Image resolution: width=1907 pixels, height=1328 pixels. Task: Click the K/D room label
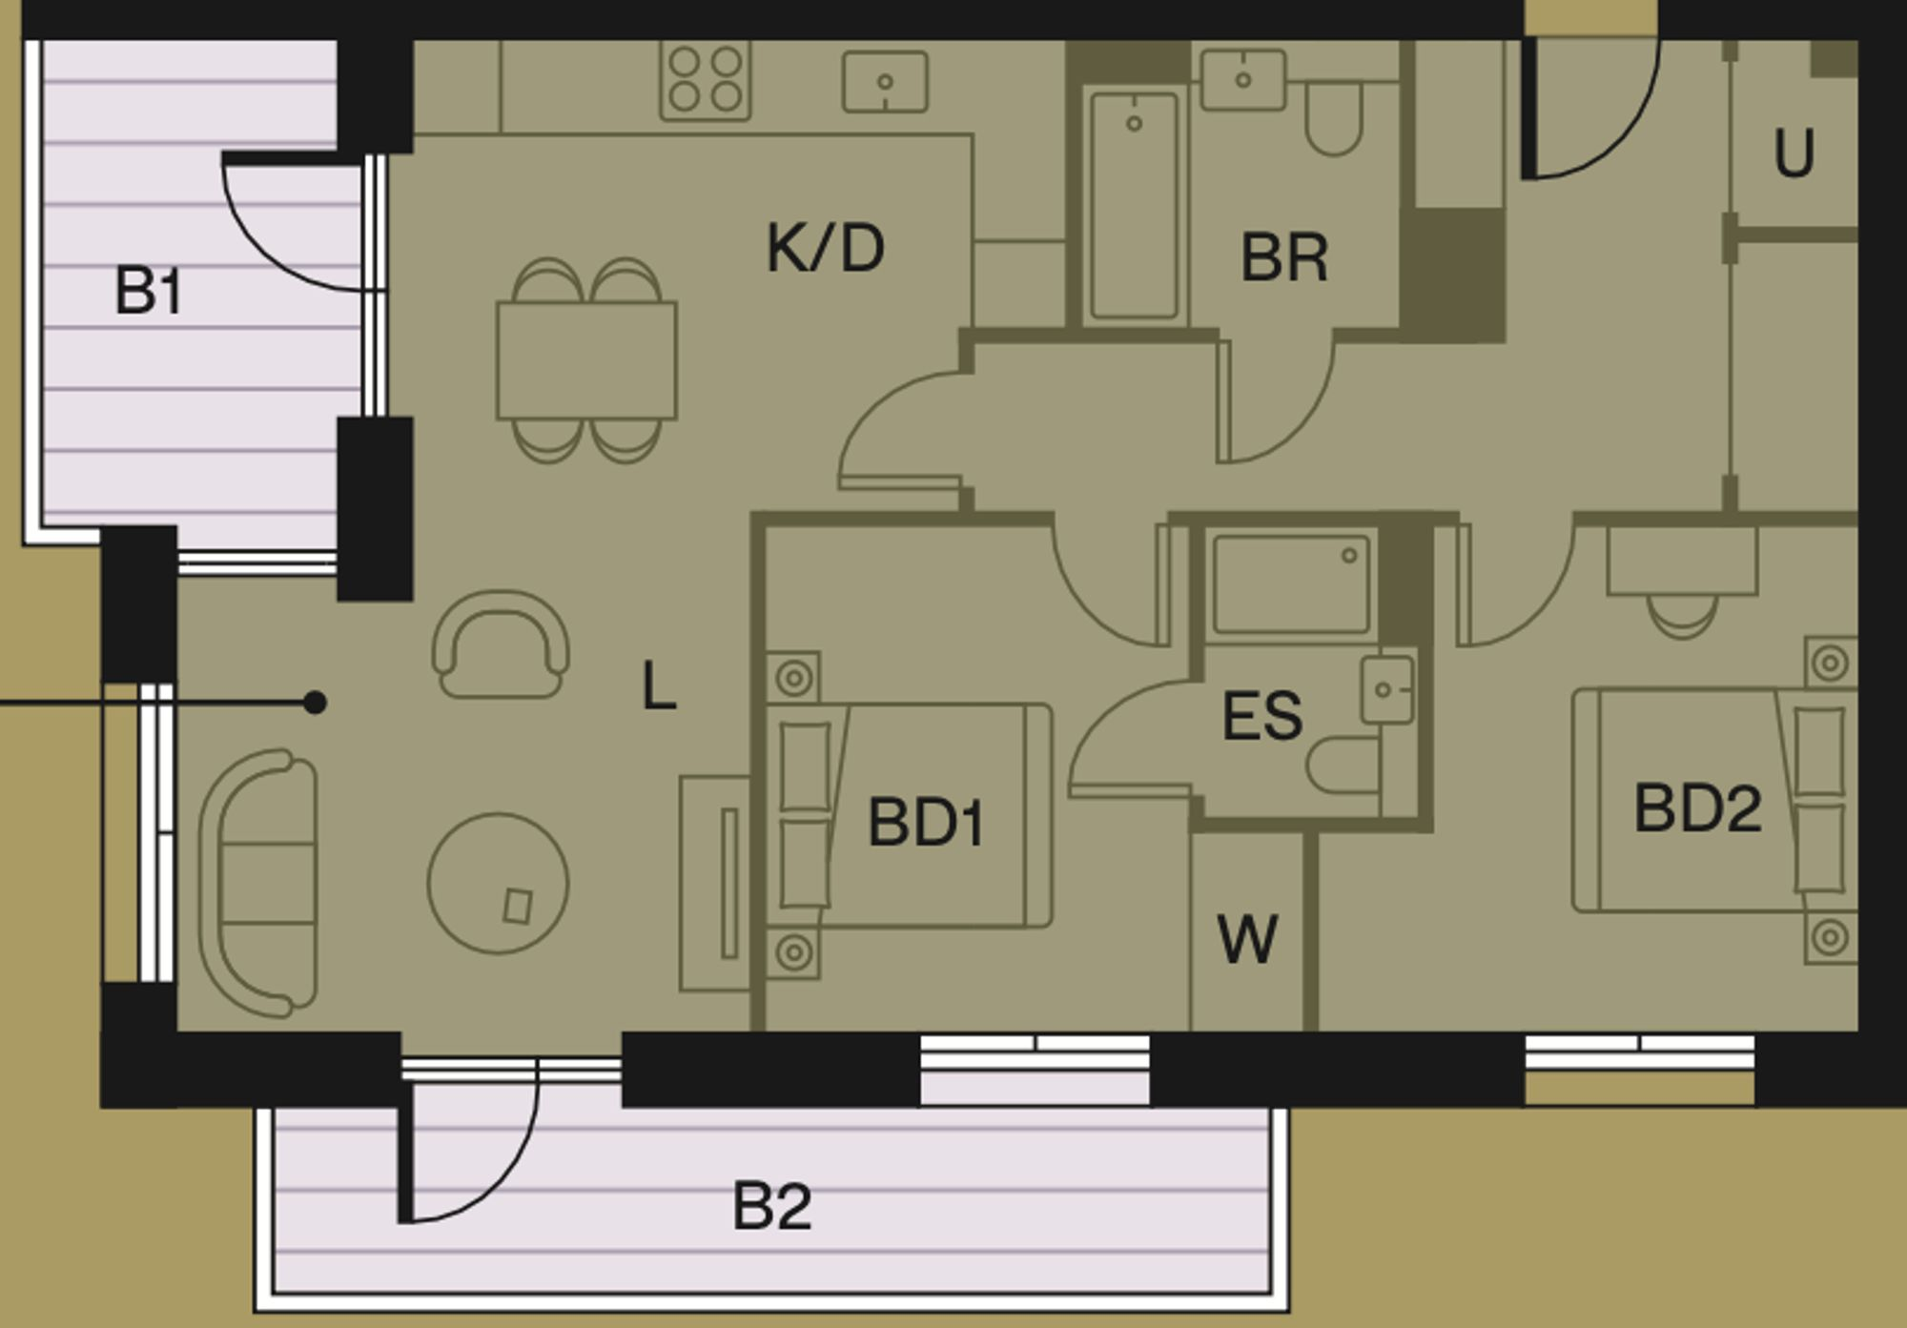pos(826,249)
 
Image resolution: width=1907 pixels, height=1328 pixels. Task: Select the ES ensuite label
pos(1261,717)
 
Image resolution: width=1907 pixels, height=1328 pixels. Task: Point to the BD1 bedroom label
pos(925,822)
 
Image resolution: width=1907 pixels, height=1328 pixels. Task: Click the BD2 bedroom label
pos(1697,808)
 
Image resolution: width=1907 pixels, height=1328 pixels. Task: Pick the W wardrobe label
pos(1247,939)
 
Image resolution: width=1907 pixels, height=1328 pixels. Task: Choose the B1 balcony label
pos(148,291)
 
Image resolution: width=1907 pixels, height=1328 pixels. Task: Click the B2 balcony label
pos(771,1206)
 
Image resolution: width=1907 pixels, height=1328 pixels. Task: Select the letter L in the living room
pos(659,686)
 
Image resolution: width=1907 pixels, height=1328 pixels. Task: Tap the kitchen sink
pos(885,82)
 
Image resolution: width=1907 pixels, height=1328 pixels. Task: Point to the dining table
pos(586,360)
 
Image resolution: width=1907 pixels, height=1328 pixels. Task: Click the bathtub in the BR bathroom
pos(1134,205)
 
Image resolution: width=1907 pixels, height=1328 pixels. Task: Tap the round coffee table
pos(498,884)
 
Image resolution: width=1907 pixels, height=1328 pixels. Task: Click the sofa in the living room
pos(258,883)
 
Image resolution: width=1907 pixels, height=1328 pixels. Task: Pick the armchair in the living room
pos(501,644)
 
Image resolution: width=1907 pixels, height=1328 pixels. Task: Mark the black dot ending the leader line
pos(315,704)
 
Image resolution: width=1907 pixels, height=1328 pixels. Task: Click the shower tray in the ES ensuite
pos(1290,584)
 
